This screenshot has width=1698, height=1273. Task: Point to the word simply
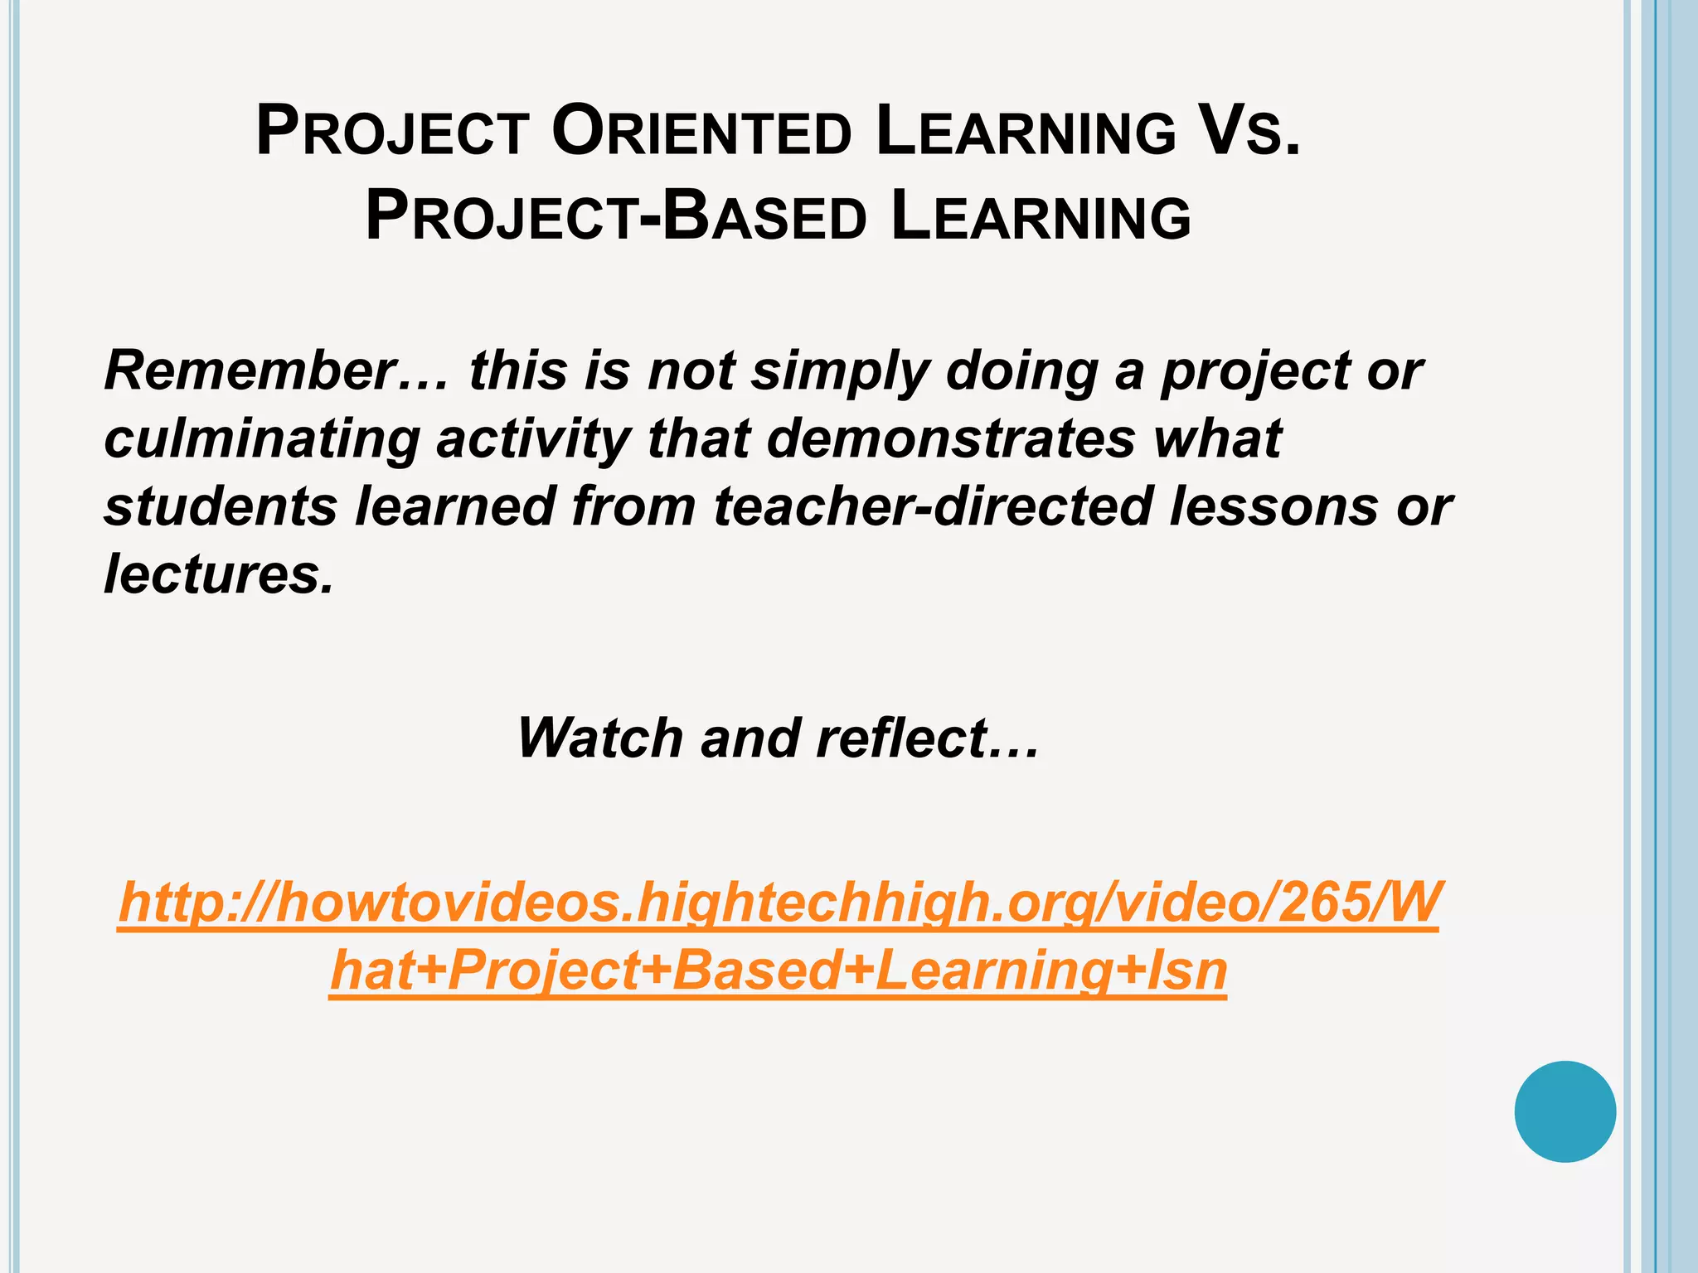pos(840,372)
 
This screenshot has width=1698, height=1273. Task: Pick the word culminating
pos(261,439)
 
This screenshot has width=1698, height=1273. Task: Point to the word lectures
pos(218,574)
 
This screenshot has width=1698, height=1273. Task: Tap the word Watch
pos(600,738)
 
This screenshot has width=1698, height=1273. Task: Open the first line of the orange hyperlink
pos(779,903)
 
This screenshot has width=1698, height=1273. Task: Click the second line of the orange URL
pos(778,970)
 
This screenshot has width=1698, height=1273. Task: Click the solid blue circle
pos(1565,1111)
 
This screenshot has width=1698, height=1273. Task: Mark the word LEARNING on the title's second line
pos(1041,218)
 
